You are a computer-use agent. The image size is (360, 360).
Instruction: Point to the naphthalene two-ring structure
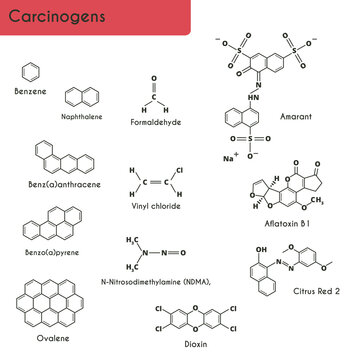coord(83,97)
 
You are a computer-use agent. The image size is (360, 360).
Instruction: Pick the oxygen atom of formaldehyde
coord(154,78)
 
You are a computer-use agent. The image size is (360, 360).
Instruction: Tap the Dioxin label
coord(196,344)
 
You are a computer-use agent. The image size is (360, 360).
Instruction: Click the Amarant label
coord(296,118)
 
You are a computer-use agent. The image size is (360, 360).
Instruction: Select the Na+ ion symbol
coord(230,158)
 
